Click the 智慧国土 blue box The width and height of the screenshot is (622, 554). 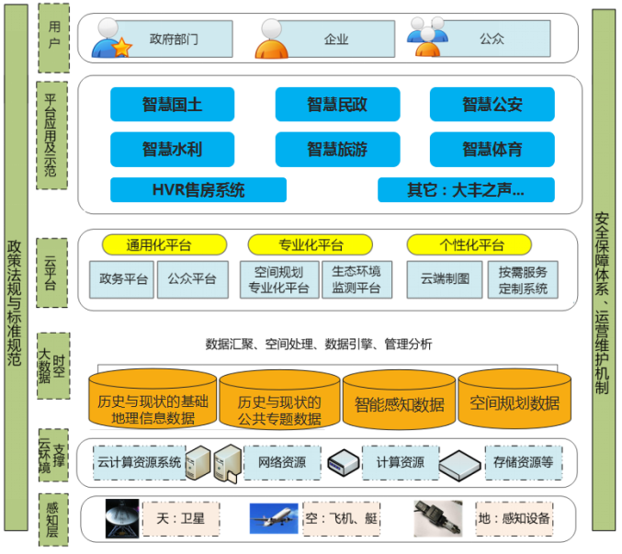point(172,105)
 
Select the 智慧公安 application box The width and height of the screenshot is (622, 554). point(492,105)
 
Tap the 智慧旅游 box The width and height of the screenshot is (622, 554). point(337,149)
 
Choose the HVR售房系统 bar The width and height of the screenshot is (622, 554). point(198,190)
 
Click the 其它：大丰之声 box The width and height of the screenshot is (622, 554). point(466,190)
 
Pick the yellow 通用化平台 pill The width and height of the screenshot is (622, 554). point(163,244)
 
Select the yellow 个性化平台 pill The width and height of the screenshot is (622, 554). point(470,244)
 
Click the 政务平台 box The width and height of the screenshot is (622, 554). point(122,278)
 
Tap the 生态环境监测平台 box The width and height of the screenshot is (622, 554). point(356,279)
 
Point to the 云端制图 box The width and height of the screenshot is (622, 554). point(445,278)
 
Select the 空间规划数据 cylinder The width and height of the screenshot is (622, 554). point(515,402)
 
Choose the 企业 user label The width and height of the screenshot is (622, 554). point(336,40)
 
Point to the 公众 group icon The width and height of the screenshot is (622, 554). point(427,38)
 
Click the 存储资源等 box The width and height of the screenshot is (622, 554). point(523,462)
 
